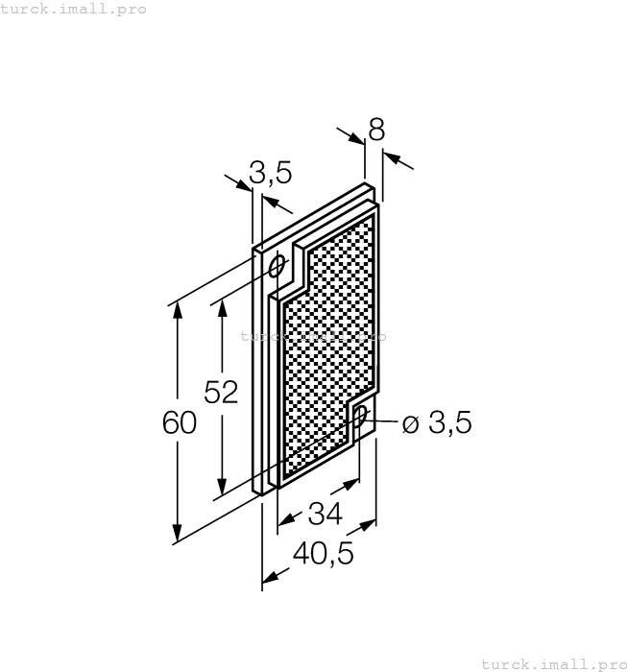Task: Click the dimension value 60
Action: point(180,423)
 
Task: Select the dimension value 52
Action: point(222,392)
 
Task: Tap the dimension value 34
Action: point(326,515)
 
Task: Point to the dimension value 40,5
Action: point(323,554)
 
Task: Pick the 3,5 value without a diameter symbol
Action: point(270,173)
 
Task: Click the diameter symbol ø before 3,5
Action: point(410,423)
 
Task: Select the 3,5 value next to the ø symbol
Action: point(450,423)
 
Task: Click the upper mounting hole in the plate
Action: point(278,265)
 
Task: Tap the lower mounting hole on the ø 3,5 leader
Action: point(360,415)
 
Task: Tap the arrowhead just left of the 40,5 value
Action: point(272,576)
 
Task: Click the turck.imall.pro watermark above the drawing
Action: point(74,9)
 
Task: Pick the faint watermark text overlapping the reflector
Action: point(313,337)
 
